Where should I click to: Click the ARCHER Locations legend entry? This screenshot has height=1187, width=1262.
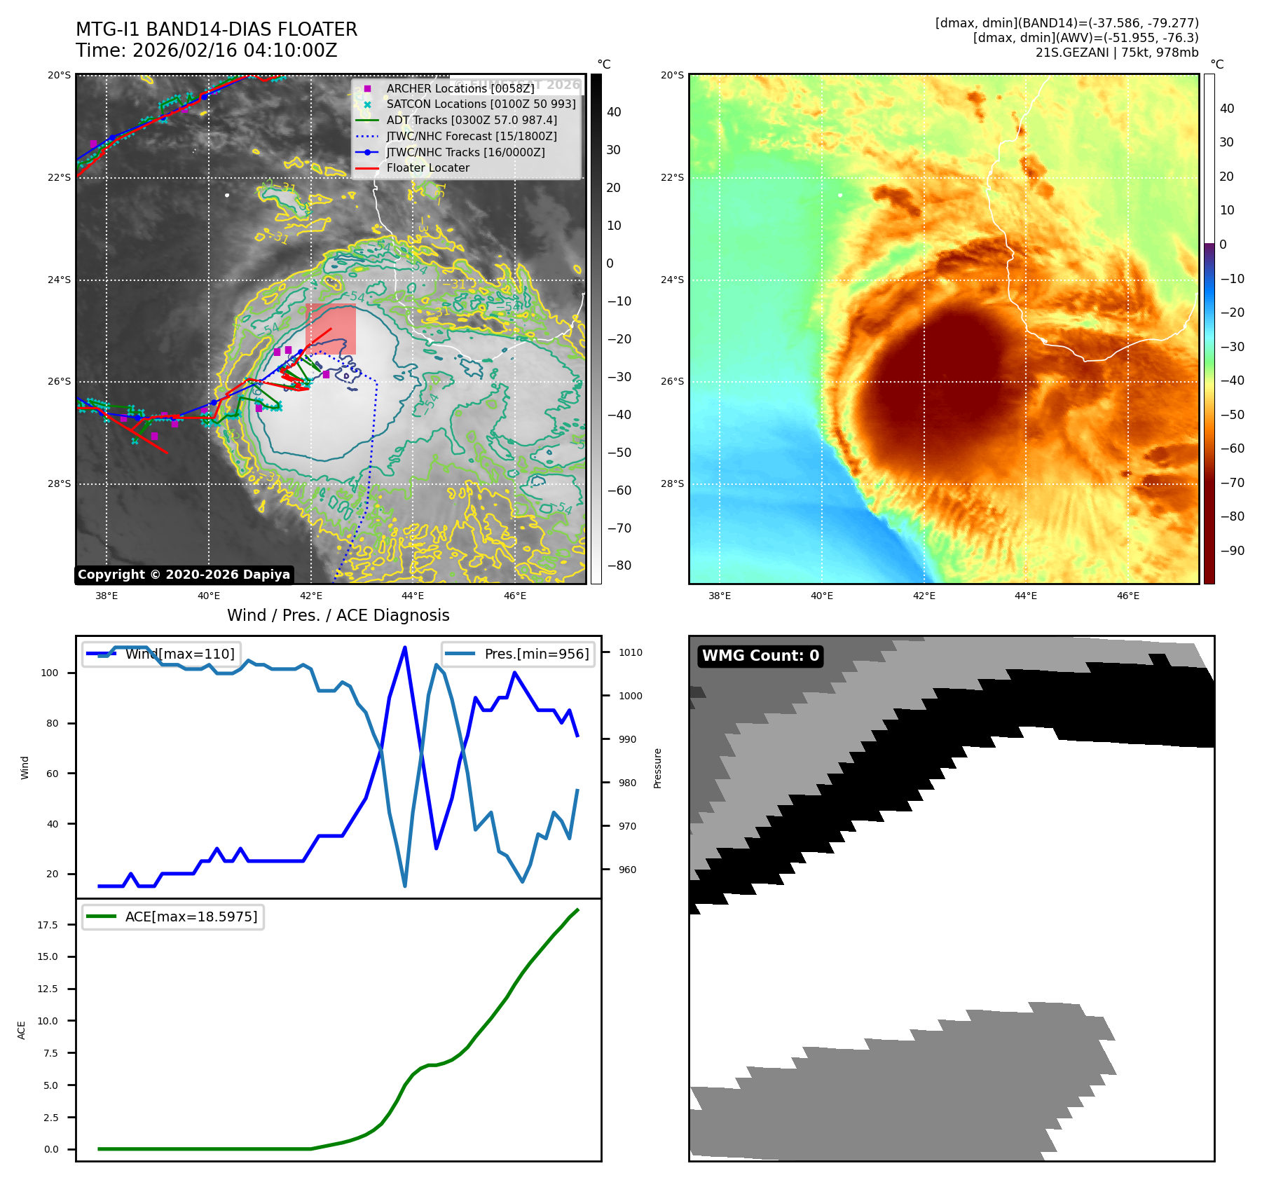(x=460, y=88)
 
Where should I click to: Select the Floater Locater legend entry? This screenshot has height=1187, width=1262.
(x=427, y=168)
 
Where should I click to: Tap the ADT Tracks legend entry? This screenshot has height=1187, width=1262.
(x=471, y=120)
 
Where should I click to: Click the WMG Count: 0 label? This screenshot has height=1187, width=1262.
(x=760, y=656)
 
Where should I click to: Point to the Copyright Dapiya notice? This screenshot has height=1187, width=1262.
(x=184, y=575)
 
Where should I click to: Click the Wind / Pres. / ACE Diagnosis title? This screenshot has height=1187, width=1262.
(x=338, y=615)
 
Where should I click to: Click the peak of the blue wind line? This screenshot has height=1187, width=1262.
(x=405, y=647)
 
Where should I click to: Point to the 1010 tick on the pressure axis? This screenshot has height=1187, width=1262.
(x=630, y=652)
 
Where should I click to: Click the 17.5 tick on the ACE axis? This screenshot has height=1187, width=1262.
(x=48, y=925)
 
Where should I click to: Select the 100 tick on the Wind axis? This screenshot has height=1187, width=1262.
(x=50, y=673)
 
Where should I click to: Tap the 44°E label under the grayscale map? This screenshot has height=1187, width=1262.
(x=413, y=596)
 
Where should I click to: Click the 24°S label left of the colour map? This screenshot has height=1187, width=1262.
(x=672, y=280)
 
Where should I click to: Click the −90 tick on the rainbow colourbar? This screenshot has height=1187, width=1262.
(x=1232, y=551)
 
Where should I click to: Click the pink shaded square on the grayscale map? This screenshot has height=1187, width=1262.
(x=331, y=329)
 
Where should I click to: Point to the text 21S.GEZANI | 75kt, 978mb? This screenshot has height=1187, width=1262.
(x=1116, y=53)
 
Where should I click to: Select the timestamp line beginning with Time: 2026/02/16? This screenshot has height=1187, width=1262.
(x=207, y=50)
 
